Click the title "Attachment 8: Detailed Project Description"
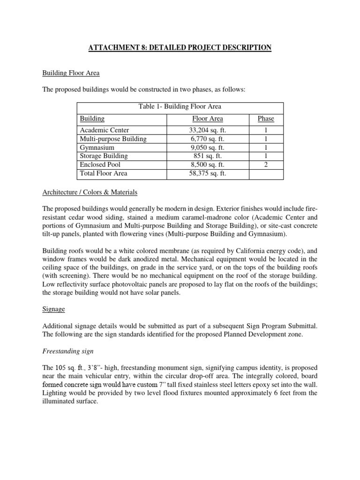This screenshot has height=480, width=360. [x=180, y=47]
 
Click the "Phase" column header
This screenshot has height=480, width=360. [x=266, y=119]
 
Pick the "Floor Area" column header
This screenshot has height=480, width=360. [x=208, y=119]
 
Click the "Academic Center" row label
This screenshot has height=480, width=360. [x=105, y=130]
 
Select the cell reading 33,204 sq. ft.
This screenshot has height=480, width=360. [x=208, y=130]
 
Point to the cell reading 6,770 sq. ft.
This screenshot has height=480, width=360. [x=208, y=139]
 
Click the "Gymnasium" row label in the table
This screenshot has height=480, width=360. [x=97, y=147]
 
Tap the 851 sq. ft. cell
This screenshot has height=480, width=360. [x=208, y=156]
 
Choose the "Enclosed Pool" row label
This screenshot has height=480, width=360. [x=100, y=165]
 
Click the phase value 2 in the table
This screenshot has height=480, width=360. [x=266, y=165]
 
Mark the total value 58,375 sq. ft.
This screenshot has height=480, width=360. [x=208, y=173]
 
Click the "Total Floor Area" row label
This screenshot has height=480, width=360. [x=104, y=173]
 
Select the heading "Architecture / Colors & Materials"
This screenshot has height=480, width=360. [x=90, y=192]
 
